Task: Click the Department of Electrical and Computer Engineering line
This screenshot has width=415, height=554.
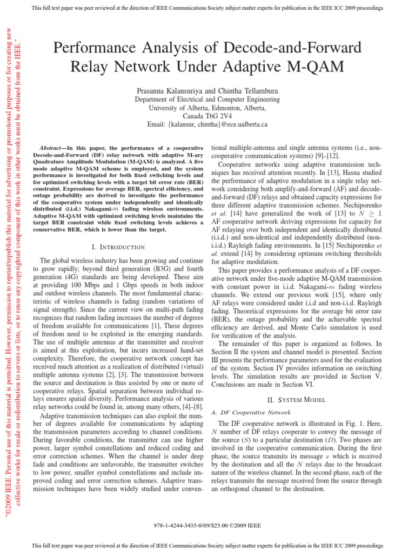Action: point(207,100)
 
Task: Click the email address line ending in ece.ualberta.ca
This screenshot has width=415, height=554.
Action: point(207,124)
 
